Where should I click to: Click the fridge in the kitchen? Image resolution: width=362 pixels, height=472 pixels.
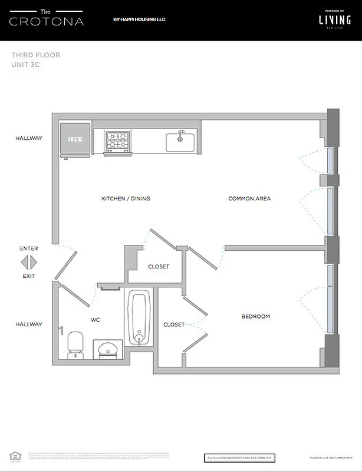75,139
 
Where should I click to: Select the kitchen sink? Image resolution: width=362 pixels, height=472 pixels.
180,142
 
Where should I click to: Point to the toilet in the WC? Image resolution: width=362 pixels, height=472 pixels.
75,344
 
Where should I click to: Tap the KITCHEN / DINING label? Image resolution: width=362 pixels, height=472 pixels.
126,199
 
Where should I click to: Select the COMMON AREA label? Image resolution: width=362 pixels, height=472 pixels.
249,199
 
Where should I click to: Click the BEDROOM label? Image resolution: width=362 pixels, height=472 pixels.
255,317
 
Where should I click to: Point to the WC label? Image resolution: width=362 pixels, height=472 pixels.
95,320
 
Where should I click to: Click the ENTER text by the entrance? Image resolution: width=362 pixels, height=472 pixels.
29,248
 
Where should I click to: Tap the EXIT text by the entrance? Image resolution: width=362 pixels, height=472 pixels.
29,276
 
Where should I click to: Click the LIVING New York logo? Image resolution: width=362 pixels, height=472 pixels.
330,20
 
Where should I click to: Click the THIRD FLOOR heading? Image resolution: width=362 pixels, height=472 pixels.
35,55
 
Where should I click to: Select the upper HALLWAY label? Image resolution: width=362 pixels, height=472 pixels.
29,138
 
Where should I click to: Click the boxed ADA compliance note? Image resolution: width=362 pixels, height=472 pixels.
240,458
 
